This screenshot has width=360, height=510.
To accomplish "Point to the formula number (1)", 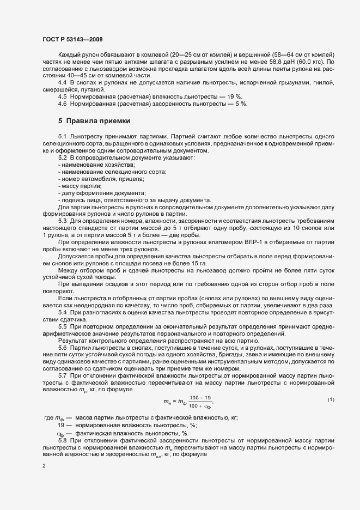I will click(331, 400).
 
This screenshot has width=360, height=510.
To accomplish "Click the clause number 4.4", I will click(63, 82).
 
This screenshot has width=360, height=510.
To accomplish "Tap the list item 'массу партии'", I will click(77, 186).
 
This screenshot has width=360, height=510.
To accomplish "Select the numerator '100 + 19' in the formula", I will click(199, 398).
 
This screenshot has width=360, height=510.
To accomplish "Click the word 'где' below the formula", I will click(48, 418).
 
